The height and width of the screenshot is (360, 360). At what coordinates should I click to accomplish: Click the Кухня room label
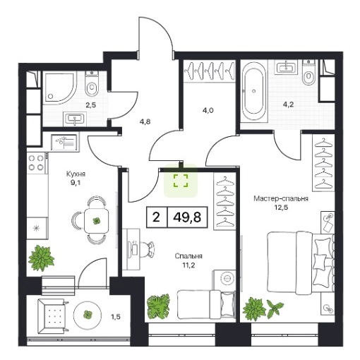tap(76, 174)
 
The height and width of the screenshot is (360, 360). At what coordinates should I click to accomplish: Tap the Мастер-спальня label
tap(281, 199)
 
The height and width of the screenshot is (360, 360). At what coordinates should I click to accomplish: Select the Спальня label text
tap(188, 256)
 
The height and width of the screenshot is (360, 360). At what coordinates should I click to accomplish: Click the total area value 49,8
tap(187, 217)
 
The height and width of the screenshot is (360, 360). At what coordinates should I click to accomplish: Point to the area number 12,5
tap(281, 208)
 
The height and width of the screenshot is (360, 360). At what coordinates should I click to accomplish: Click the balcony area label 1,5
tap(116, 317)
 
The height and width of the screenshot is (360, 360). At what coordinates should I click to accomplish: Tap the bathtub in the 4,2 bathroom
tap(254, 91)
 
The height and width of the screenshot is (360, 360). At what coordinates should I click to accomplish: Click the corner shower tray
tap(60, 88)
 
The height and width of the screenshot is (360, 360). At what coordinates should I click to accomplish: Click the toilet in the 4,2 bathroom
tap(308, 73)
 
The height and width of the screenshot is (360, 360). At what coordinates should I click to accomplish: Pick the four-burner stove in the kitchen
tap(37, 163)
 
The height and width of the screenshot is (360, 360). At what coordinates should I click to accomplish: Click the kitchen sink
tap(65, 142)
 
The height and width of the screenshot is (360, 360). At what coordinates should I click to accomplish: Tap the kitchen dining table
tap(96, 220)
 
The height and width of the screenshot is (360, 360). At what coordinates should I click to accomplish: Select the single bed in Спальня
tap(206, 305)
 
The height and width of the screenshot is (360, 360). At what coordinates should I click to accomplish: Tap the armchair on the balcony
tap(53, 316)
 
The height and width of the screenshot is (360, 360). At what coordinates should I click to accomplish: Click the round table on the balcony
tap(88, 314)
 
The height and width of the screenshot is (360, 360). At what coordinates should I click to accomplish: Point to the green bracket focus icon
tap(181, 181)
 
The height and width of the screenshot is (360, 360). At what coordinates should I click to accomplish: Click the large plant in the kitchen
tap(41, 258)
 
